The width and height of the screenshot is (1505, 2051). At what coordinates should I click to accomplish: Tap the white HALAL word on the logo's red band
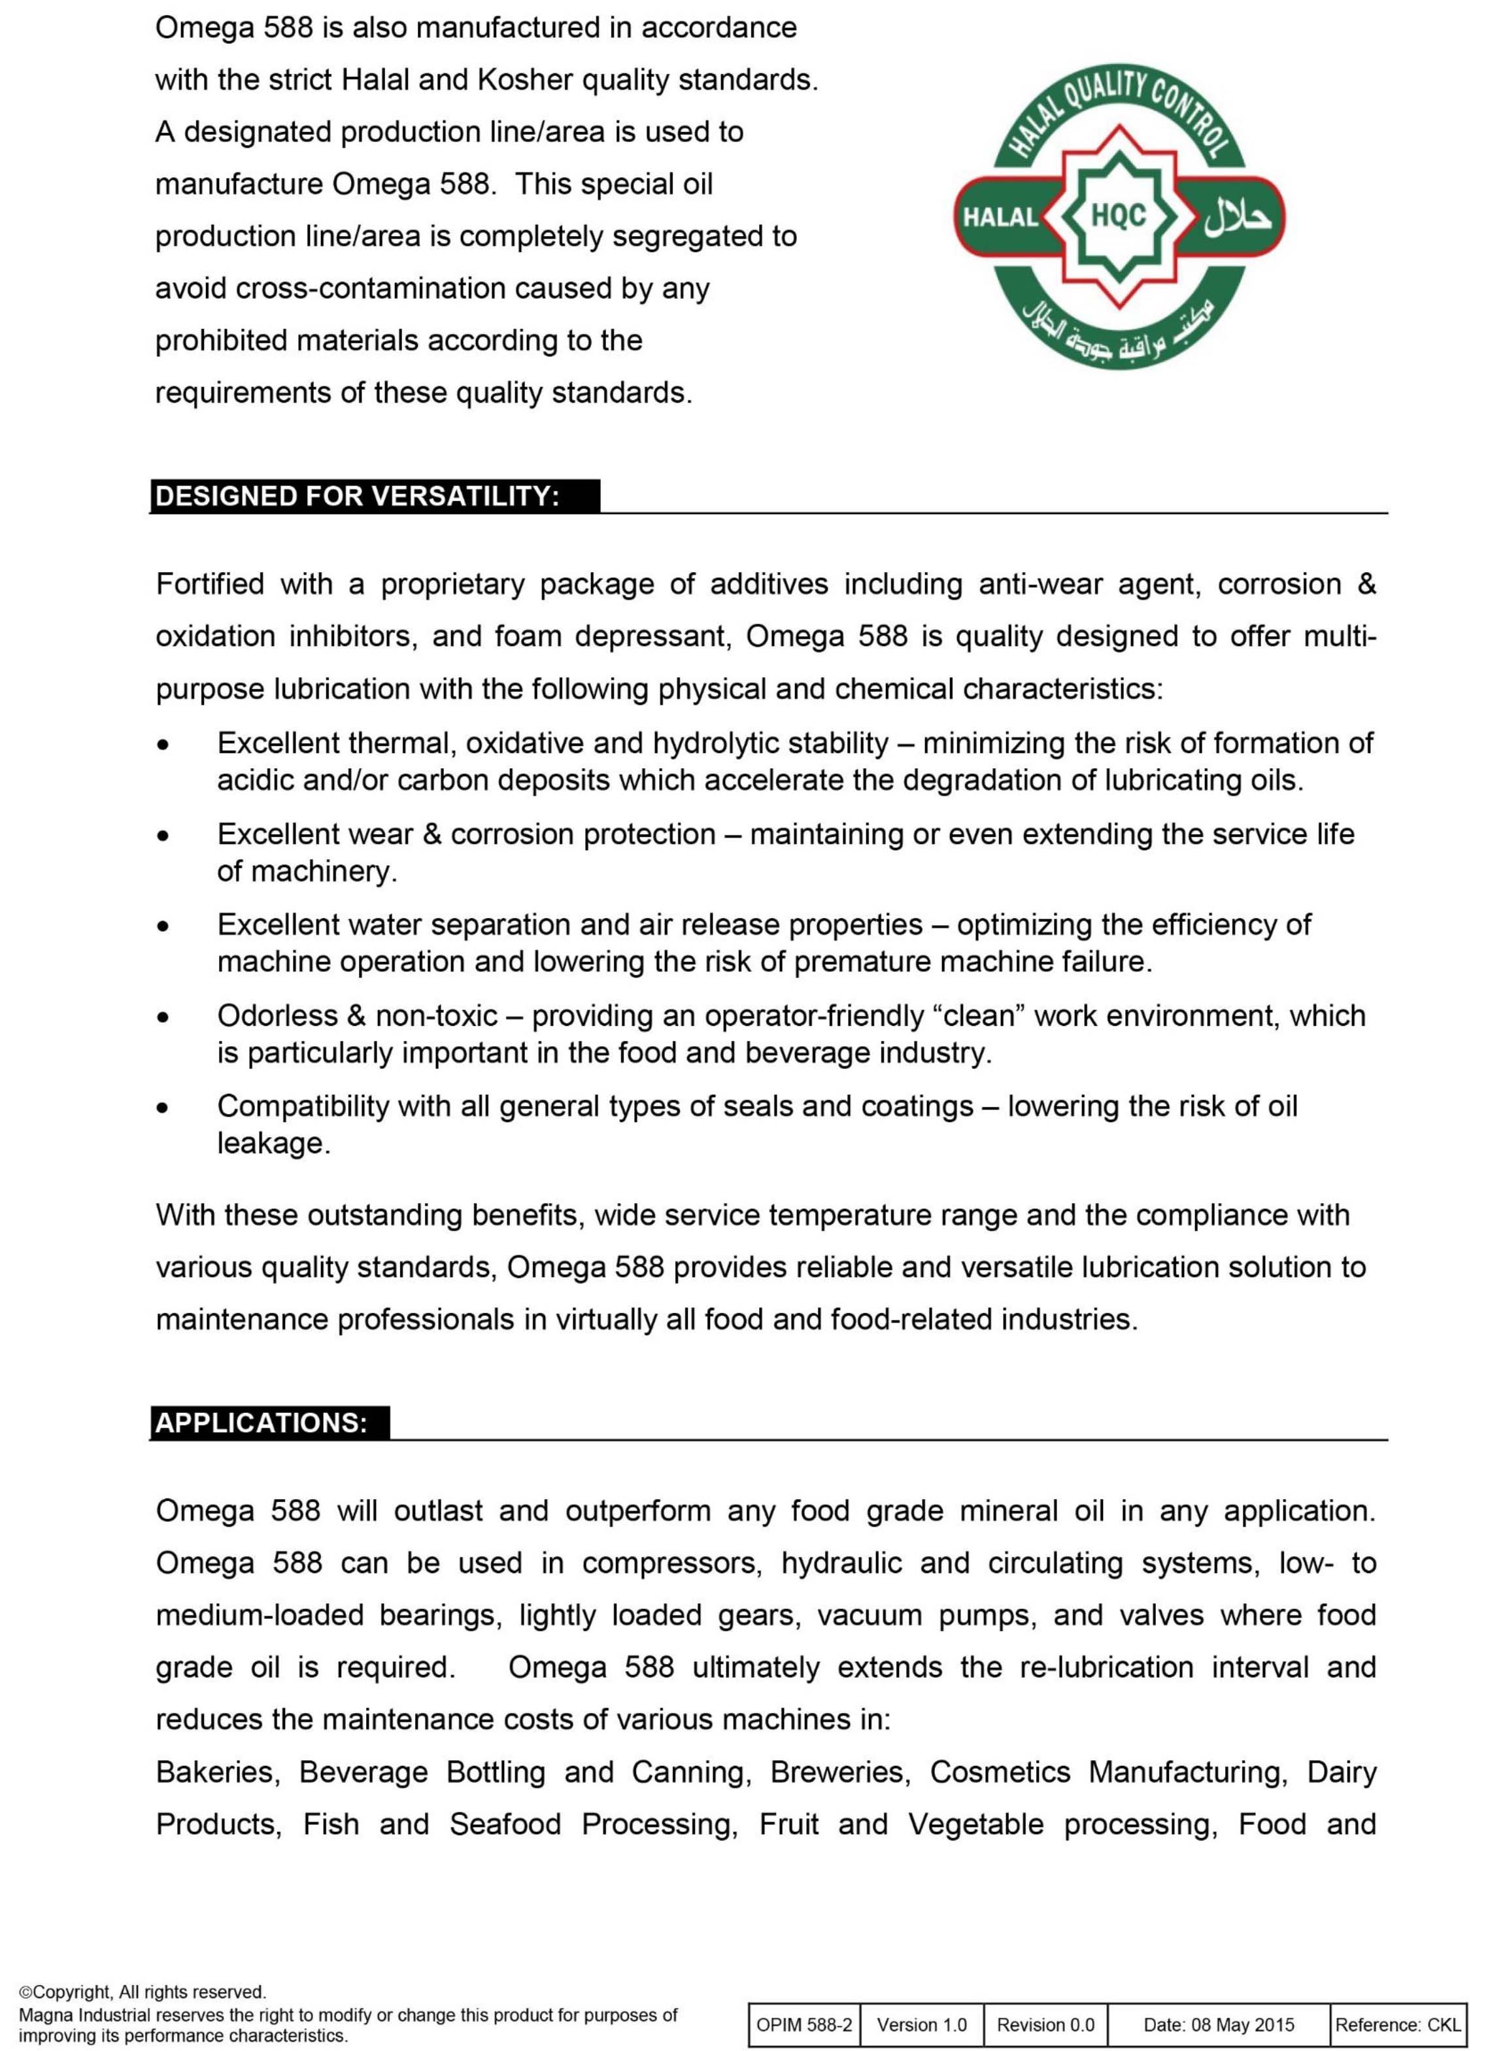click(x=1000, y=218)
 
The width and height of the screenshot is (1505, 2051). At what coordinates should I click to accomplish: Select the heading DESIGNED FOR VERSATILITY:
click(x=357, y=497)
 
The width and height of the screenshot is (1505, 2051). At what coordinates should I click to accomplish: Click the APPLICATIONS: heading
click(x=262, y=1423)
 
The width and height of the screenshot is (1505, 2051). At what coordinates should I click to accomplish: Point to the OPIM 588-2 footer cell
click(x=804, y=2025)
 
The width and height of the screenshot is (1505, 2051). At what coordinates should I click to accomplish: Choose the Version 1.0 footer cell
click(x=922, y=2025)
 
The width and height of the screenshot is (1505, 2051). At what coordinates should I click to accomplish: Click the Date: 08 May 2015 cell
click(x=1219, y=2025)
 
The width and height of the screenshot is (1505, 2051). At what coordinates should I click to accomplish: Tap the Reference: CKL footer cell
click(x=1398, y=2025)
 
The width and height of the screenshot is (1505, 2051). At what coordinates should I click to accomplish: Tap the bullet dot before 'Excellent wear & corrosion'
click(x=163, y=835)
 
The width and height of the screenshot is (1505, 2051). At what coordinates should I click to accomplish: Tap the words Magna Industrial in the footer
click(x=81, y=2016)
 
